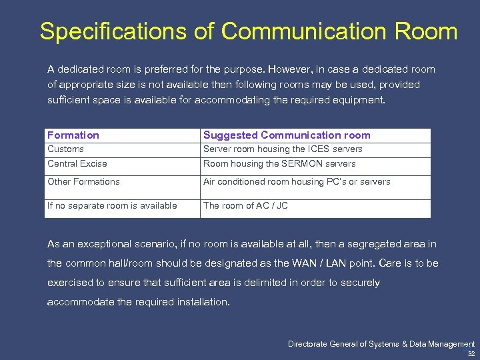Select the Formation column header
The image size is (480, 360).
click(x=73, y=135)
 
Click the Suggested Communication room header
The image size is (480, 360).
click(x=287, y=135)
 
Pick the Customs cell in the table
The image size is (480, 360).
click(x=66, y=149)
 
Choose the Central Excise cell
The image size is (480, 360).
click(x=77, y=164)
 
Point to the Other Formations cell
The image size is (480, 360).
click(x=84, y=182)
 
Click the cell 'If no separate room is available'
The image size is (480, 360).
click(x=112, y=206)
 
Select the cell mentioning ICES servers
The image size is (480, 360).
click(x=283, y=149)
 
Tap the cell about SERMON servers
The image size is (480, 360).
click(x=279, y=164)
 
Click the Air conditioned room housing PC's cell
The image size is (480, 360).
click(x=297, y=182)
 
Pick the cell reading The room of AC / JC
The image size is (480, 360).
click(x=245, y=206)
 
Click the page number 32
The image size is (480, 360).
click(x=471, y=354)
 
